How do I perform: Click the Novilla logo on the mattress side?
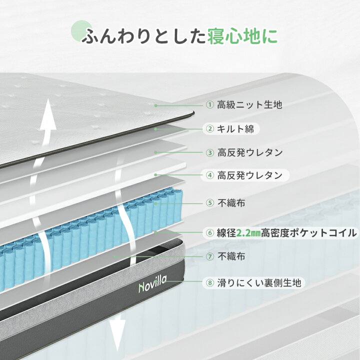152,284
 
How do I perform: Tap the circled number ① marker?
210,105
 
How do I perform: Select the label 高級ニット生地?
249,105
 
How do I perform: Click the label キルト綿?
235,129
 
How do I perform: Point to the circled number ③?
210,152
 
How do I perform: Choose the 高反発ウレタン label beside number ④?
250,175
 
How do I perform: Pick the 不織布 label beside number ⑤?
231,203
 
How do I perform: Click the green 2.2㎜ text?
248,233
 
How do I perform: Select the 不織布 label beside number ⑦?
231,256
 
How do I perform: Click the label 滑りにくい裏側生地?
259,282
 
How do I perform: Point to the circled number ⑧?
210,282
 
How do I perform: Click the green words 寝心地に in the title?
242,36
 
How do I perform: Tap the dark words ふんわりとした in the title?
143,36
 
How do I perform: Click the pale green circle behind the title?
81,31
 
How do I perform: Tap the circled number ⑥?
210,233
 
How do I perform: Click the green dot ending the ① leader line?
156,105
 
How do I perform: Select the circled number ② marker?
210,129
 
